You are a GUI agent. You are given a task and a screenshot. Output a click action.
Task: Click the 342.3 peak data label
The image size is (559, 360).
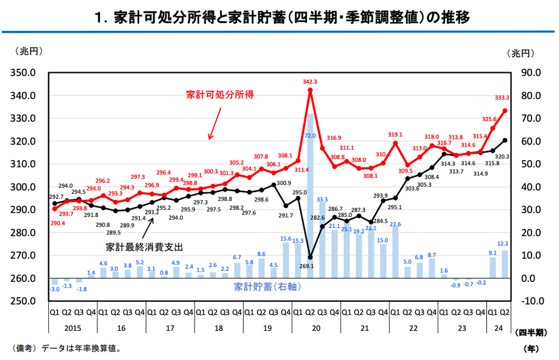click(310, 82)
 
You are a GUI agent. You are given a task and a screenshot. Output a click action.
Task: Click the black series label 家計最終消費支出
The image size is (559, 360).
click(144, 247)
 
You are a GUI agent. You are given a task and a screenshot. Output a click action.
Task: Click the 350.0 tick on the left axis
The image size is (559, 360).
click(24, 73)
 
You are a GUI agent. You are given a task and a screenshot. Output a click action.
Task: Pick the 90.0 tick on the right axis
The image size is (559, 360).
click(530, 73)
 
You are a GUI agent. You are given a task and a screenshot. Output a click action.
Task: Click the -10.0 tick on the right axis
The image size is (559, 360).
click(530, 301)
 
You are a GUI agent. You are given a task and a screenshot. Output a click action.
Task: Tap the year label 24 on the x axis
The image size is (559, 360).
click(499, 329)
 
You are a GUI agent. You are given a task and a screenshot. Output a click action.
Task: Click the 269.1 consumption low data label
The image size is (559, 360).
click(306, 266)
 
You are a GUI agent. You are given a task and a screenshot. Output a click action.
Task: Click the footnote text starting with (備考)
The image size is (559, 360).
click(67, 349)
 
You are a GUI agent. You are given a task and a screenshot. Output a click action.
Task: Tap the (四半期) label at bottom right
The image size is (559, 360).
click(530, 333)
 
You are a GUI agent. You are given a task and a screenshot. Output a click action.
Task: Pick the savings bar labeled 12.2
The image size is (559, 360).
click(505, 264)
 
